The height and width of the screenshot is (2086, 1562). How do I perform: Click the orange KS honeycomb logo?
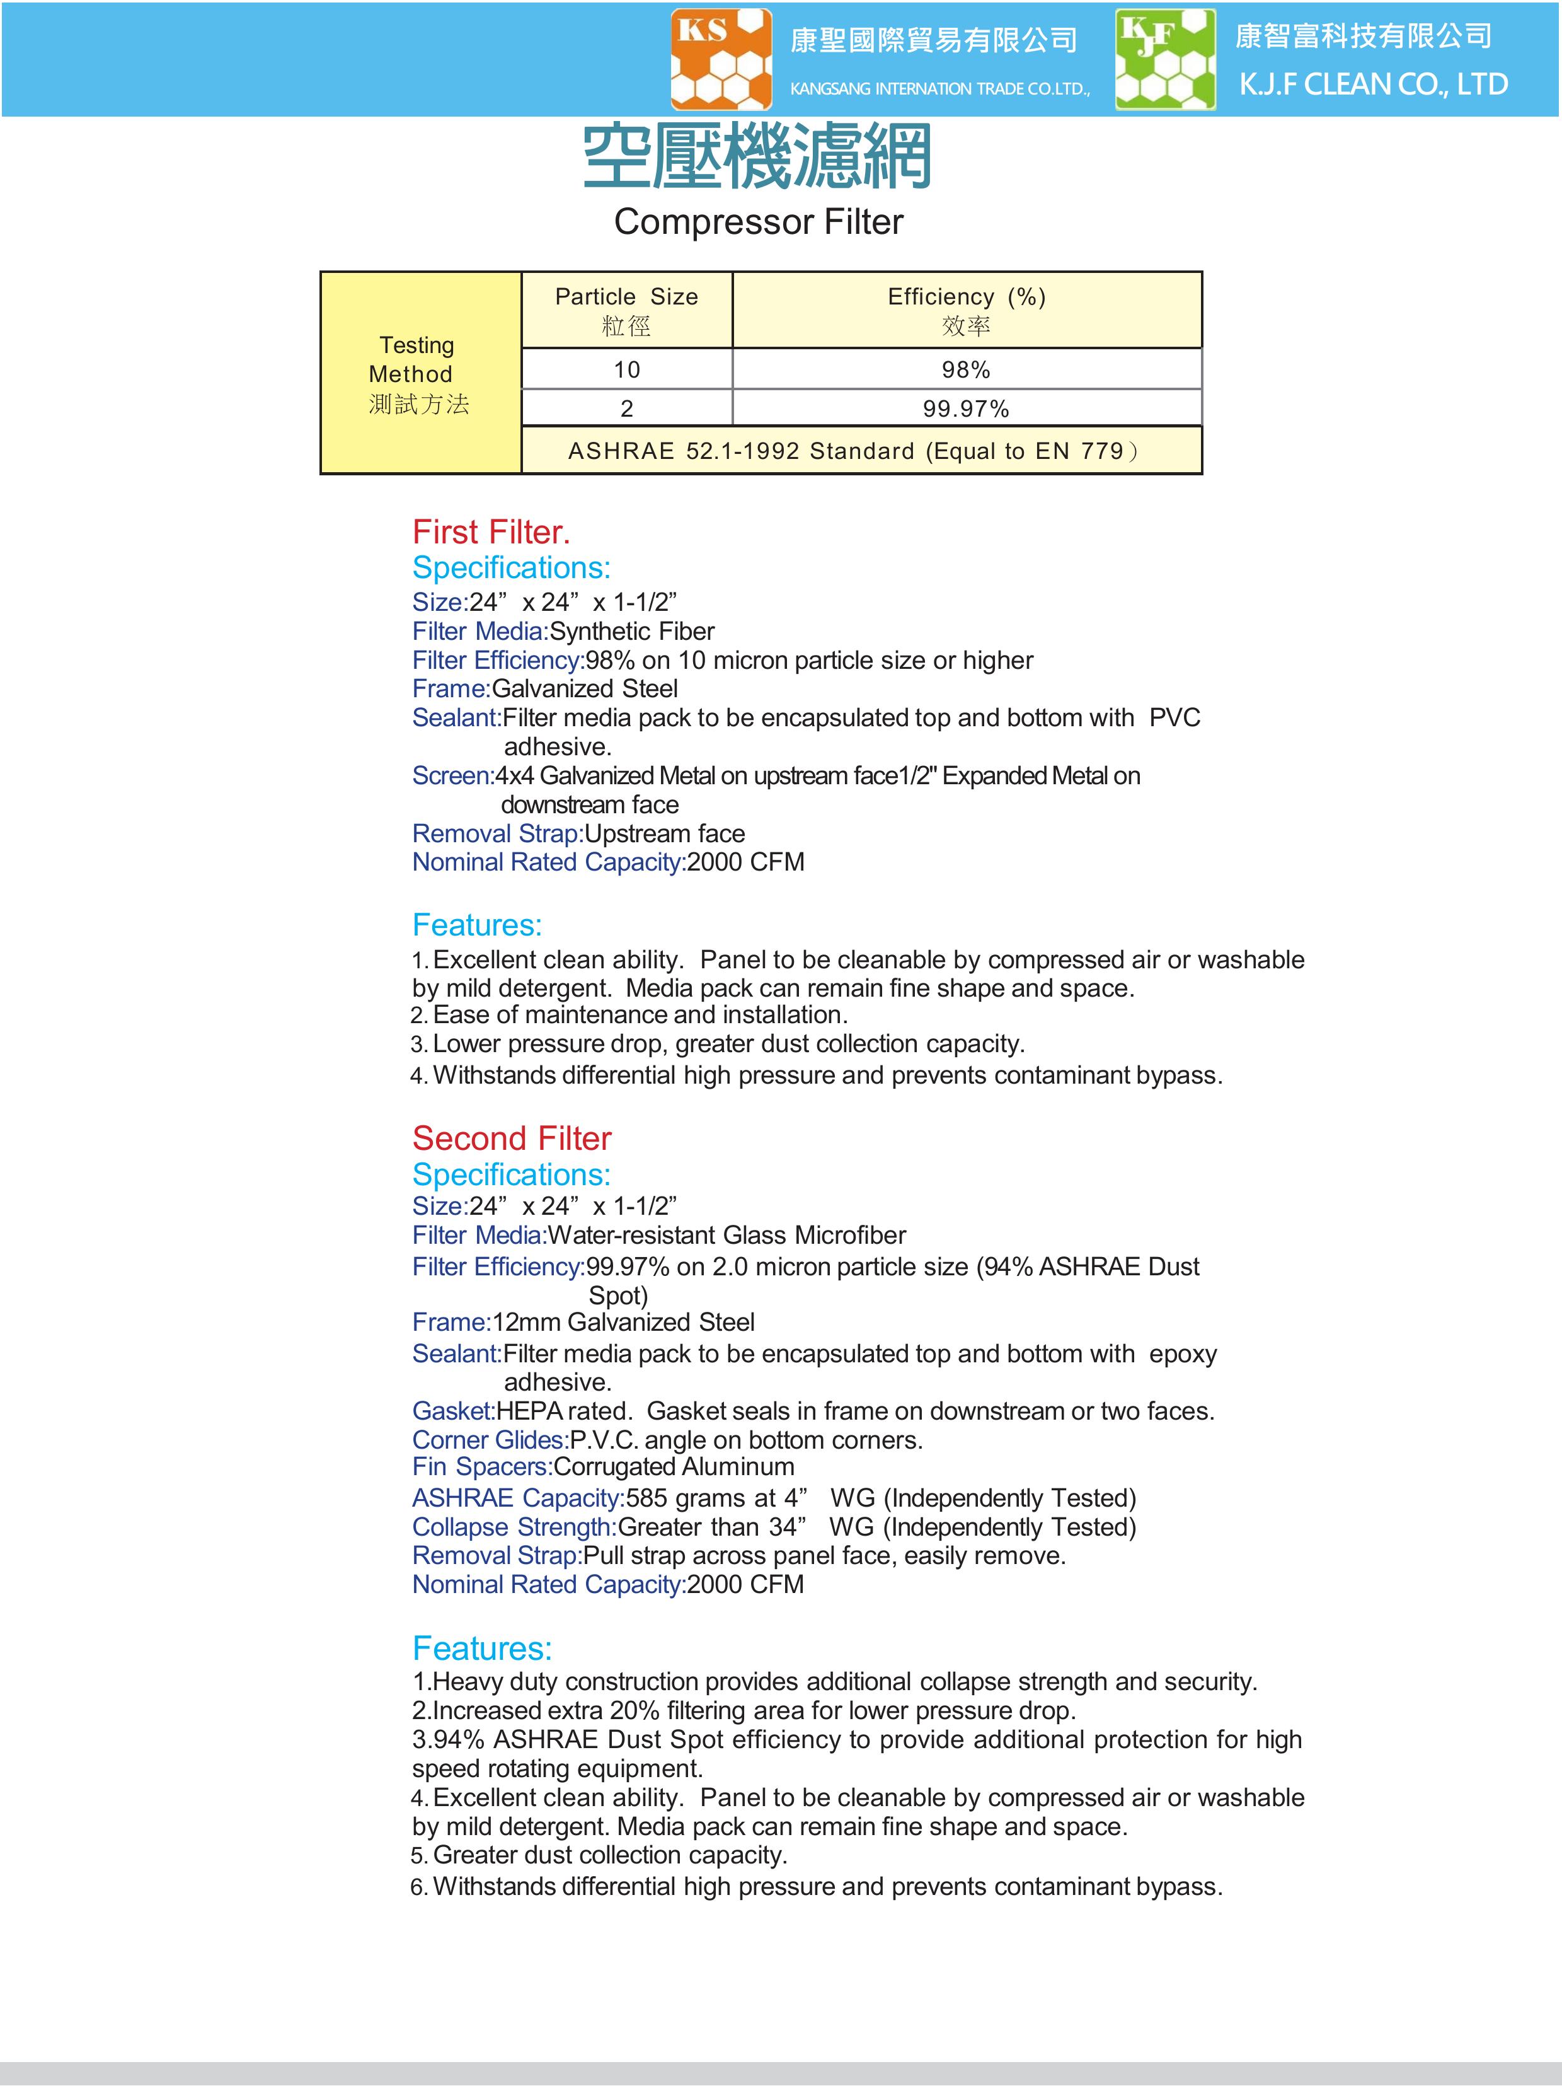click(x=721, y=59)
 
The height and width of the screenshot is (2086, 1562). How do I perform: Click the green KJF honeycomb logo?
click(x=1165, y=59)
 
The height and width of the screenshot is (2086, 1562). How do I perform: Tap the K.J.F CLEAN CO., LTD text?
click(x=1372, y=85)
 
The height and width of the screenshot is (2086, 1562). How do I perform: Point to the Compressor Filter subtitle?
click(x=758, y=223)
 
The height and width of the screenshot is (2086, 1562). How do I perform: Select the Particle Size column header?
click(x=626, y=310)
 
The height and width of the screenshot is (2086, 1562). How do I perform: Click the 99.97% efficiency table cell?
click(x=965, y=409)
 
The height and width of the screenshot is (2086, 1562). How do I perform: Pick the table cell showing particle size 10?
click(x=626, y=369)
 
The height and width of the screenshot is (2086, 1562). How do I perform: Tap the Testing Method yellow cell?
click(x=420, y=373)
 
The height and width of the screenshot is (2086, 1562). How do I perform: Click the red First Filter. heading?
click(x=491, y=533)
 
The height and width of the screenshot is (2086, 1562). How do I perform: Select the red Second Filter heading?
click(x=512, y=1139)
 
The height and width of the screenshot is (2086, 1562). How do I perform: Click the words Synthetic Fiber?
click(x=631, y=632)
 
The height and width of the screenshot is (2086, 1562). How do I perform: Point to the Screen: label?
click(x=452, y=776)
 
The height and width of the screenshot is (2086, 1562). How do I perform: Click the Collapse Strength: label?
click(x=514, y=1527)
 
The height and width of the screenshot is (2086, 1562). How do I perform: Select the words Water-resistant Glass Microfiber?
click(x=726, y=1236)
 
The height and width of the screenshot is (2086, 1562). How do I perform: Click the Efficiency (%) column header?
click(x=966, y=310)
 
